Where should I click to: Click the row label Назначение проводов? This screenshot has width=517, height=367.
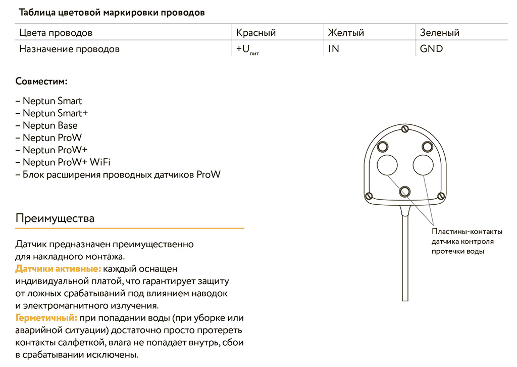coord(69,49)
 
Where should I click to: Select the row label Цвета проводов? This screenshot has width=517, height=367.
coord(56,33)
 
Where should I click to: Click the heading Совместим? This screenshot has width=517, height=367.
coord(41,81)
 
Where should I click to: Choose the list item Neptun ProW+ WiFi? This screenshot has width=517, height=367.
coord(63,162)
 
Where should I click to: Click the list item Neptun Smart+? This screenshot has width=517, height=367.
coord(52,113)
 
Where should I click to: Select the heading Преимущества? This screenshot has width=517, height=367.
coord(55,218)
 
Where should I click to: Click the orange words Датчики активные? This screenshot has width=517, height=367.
coord(58,268)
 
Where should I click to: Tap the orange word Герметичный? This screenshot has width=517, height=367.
coord(46,318)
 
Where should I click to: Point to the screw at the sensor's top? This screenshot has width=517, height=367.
coord(405,129)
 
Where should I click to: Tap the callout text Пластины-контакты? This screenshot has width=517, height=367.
coord(467,232)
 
